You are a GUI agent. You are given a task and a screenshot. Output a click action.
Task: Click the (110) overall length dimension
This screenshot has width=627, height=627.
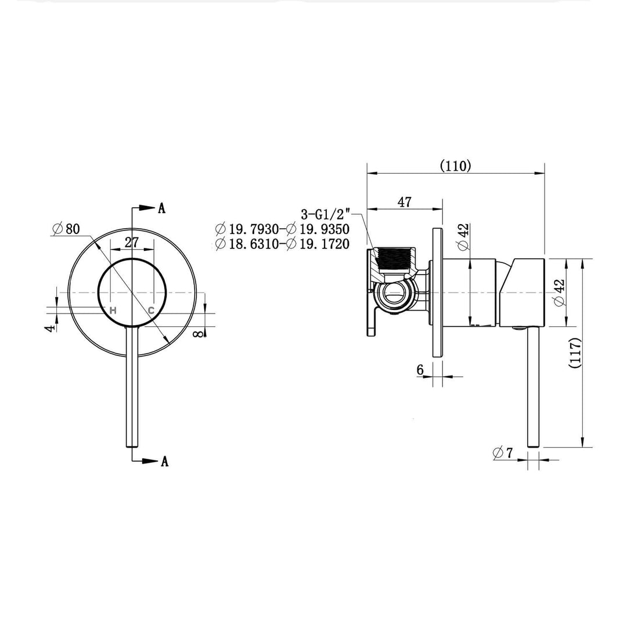(455, 165)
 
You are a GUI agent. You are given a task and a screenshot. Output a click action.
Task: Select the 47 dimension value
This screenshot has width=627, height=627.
(404, 202)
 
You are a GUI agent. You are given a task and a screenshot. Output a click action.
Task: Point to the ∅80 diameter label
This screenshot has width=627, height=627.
(65, 229)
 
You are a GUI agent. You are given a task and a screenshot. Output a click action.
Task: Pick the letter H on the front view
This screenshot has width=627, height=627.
(113, 310)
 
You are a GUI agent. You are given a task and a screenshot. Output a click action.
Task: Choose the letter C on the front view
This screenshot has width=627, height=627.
(151, 310)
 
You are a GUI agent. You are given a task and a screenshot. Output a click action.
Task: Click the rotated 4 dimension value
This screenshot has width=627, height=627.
(51, 327)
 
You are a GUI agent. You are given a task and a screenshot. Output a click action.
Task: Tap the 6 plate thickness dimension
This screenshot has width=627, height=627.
(420, 370)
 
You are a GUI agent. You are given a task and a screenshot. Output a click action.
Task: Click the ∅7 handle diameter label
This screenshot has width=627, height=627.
(503, 453)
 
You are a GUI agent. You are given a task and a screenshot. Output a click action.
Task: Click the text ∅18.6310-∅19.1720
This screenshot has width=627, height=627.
(282, 244)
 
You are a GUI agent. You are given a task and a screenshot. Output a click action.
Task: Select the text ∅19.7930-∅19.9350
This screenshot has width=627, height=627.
(282, 229)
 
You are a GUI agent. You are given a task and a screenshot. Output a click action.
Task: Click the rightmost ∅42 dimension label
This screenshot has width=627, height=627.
(559, 293)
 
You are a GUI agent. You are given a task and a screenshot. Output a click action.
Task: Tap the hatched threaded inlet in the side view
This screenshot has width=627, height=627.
(395, 258)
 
